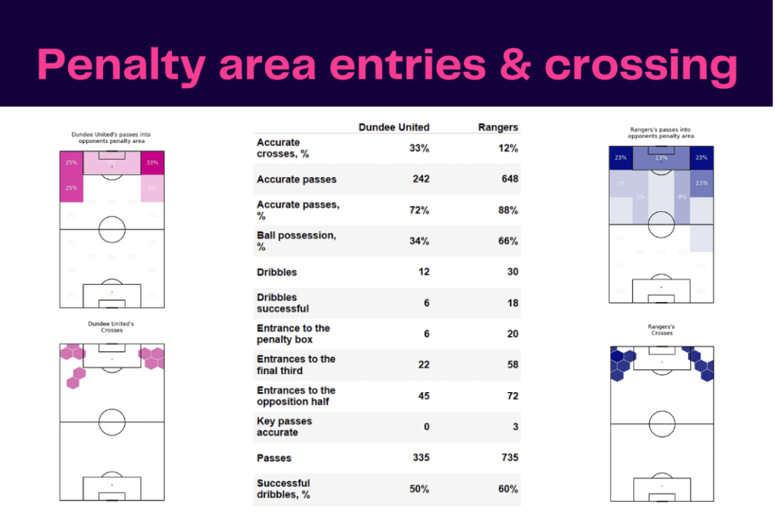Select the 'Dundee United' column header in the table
[x=394, y=127]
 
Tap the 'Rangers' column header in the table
[x=498, y=127]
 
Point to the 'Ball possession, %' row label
[x=297, y=241]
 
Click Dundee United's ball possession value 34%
[x=419, y=241]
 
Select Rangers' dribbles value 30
[x=512, y=272]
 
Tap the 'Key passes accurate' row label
[x=285, y=427]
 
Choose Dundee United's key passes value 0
[x=426, y=427]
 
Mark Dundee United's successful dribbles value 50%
[x=419, y=489]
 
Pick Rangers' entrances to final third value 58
[x=512, y=365]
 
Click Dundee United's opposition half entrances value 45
[x=422, y=396]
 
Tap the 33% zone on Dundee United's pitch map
[x=152, y=163]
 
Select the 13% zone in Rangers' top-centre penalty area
[x=661, y=158]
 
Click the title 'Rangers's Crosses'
[x=661, y=330]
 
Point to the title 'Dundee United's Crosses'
[x=111, y=327]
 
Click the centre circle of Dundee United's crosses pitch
[x=111, y=422]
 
